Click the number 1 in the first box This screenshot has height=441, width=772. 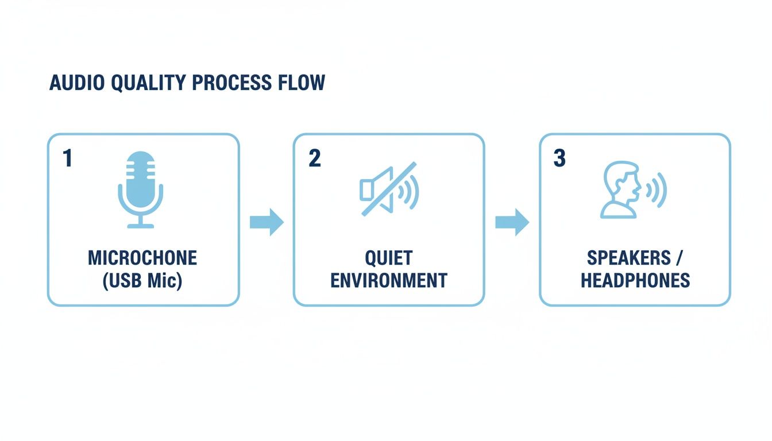68,158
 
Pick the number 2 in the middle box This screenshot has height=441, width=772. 314,158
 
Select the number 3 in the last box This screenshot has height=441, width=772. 559,158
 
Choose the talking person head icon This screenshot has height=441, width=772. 620,189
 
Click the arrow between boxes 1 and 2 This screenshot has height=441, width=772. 267,222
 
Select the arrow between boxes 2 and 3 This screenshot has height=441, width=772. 512,222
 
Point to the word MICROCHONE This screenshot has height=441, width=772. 142,258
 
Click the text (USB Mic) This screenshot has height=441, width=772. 142,281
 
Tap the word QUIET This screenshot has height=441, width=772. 389,258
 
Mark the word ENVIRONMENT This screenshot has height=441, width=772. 389,280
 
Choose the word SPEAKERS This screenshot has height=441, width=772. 628,258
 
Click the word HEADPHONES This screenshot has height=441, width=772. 635,280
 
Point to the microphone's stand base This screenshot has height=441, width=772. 141,226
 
